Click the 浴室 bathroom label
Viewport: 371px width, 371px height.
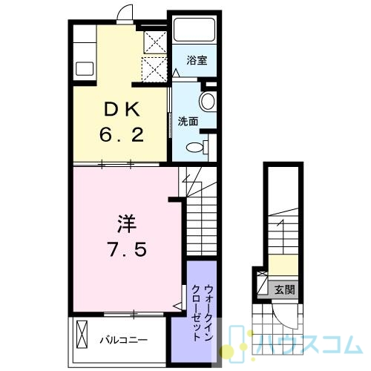(197, 60)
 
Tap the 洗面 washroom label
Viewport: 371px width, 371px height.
(188, 122)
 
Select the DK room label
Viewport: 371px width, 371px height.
(122, 110)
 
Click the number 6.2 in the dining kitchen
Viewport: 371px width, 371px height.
(122, 135)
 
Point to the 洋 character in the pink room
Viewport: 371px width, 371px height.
(127, 224)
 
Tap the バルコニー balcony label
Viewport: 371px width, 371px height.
(123, 340)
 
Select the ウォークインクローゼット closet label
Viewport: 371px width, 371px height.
(203, 312)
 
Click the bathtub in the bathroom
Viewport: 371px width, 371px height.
(194, 30)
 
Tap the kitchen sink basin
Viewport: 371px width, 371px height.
(85, 68)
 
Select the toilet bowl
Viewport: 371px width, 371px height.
(195, 148)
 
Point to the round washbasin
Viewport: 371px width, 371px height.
(207, 102)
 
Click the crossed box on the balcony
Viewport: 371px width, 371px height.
(82, 335)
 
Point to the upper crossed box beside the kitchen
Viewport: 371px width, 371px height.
(155, 42)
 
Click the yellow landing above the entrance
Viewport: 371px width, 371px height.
(283, 265)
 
